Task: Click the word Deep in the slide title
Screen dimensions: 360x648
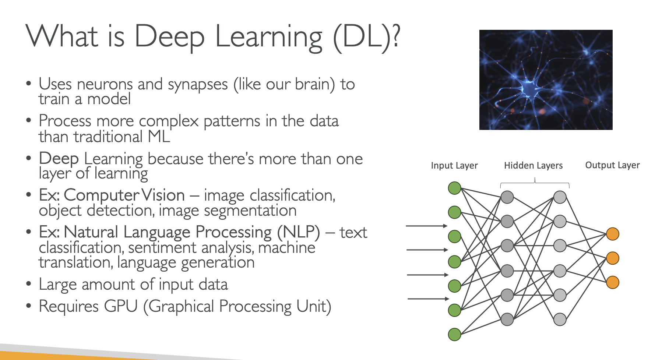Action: [x=169, y=37]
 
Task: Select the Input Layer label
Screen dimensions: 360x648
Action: [x=454, y=166]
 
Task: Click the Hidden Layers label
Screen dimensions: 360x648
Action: [x=533, y=166]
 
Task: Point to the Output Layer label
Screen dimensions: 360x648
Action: [x=612, y=165]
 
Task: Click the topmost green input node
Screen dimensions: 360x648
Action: [x=455, y=188]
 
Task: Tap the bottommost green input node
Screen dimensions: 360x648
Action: [x=455, y=335]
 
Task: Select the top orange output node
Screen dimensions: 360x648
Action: [x=613, y=234]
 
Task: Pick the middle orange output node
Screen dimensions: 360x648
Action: [x=613, y=258]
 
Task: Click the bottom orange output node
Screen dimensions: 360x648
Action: [x=613, y=282]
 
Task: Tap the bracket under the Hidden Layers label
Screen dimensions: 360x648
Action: [x=535, y=183]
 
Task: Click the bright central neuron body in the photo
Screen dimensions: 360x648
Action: [x=529, y=88]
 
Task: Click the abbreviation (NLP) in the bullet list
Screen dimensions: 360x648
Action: [x=299, y=232]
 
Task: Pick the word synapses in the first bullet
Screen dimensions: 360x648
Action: [x=198, y=85]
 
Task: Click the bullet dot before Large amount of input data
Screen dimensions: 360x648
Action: [x=29, y=284]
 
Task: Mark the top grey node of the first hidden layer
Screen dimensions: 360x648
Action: [x=507, y=197]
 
